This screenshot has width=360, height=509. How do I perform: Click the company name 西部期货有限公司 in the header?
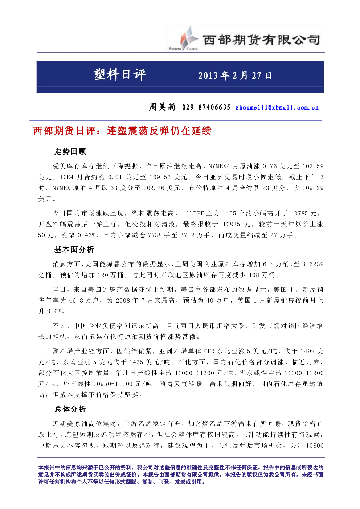tap(261, 40)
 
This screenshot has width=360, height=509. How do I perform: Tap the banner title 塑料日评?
tap(120, 74)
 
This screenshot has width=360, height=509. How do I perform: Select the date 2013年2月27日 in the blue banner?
tap(235, 76)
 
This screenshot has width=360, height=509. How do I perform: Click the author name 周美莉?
tap(162, 107)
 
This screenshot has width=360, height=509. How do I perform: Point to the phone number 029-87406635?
tap(206, 107)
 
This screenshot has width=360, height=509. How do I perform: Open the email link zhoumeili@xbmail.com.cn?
tap(277, 108)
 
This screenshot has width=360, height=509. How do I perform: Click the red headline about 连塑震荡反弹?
tap(122, 131)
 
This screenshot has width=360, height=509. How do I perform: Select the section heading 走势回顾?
tap(70, 152)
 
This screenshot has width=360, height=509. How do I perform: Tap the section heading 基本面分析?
tap(74, 250)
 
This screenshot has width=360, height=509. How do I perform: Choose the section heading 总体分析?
tap(70, 409)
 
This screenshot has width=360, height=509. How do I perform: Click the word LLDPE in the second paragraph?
tap(195, 213)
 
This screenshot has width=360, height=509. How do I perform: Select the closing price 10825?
tap(231, 224)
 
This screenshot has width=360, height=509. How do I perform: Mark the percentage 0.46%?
tap(87, 235)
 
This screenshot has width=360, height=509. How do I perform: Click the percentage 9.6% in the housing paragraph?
tap(54, 311)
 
